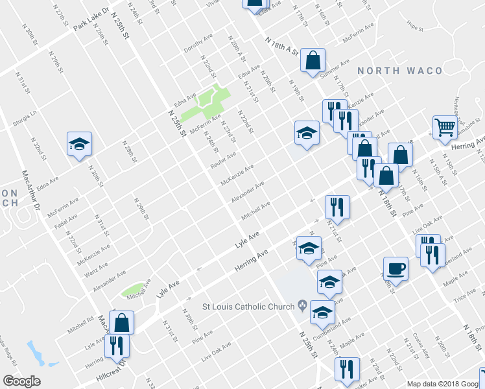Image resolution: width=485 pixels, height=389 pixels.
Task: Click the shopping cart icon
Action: pos(445,128)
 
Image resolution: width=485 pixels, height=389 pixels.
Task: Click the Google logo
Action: pos(21,381)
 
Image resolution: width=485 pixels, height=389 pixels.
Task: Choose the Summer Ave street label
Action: pos(335,67)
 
